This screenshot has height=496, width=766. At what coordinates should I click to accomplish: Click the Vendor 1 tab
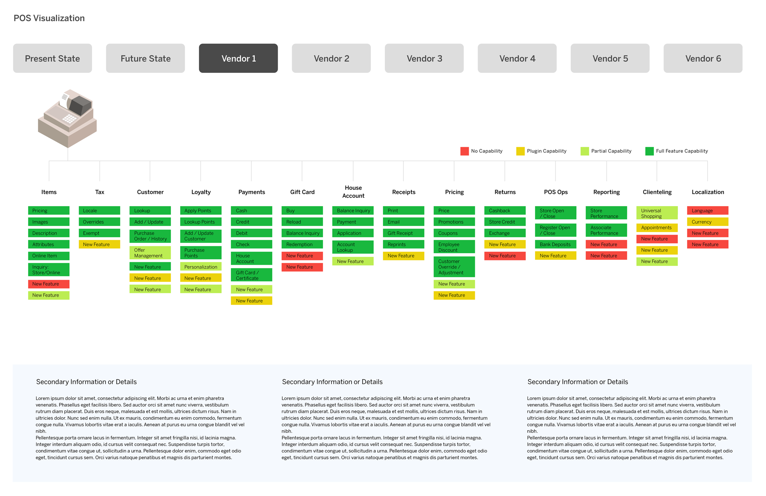(238, 58)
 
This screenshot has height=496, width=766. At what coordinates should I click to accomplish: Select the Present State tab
(52, 58)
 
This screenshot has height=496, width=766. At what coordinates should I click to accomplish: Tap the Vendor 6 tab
(703, 58)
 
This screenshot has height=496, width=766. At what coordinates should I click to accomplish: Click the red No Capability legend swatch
(465, 151)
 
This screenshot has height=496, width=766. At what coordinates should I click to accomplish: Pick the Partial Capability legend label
(611, 151)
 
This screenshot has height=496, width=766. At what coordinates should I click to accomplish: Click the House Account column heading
(353, 192)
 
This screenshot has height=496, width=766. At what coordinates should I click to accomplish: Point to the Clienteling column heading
(657, 192)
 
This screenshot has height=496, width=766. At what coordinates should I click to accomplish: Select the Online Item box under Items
(49, 256)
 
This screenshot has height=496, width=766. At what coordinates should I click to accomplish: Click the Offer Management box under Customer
(150, 253)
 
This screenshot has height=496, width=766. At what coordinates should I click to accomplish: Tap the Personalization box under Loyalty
(200, 267)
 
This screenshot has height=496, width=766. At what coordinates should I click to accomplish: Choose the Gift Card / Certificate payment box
(251, 275)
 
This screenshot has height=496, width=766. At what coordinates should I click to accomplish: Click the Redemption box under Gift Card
(302, 244)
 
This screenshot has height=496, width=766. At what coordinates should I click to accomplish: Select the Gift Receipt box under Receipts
(403, 233)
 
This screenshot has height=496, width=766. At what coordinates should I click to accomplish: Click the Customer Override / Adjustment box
(454, 267)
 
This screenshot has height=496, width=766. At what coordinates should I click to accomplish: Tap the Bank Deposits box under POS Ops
(556, 244)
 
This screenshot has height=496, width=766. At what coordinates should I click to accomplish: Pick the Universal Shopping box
(657, 213)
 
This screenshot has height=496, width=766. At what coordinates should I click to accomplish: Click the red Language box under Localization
(707, 211)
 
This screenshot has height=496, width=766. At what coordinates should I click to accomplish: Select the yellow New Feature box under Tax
(100, 244)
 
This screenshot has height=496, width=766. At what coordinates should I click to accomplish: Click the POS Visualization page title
(49, 18)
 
